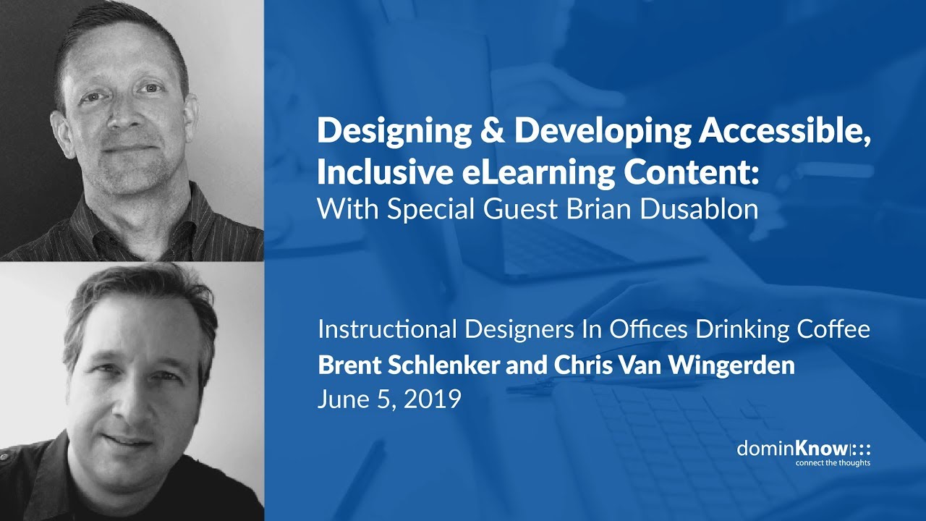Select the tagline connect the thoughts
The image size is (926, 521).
[x=833, y=463]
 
